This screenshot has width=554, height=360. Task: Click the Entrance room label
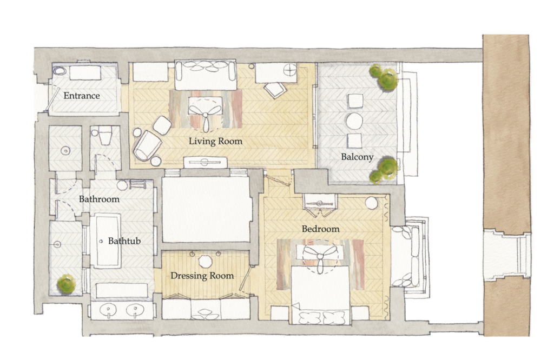(x=82, y=96)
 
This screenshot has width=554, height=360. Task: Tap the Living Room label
(x=215, y=141)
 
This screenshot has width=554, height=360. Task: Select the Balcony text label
(x=357, y=157)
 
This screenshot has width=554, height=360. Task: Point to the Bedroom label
(x=320, y=229)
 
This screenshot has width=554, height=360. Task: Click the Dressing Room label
(x=202, y=276)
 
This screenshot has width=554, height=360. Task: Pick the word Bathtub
(x=124, y=241)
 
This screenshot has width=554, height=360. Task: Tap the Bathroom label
(x=100, y=199)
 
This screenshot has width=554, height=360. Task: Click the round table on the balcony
(x=354, y=121)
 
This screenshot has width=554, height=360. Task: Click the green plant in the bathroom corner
(x=66, y=284)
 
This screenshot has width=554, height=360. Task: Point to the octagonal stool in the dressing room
(x=205, y=262)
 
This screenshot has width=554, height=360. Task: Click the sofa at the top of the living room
(x=205, y=75)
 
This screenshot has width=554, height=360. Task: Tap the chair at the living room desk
(x=275, y=89)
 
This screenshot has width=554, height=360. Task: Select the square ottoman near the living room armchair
(x=162, y=125)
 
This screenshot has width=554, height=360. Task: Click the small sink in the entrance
(x=60, y=71)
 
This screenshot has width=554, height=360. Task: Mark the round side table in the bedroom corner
(x=371, y=204)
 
